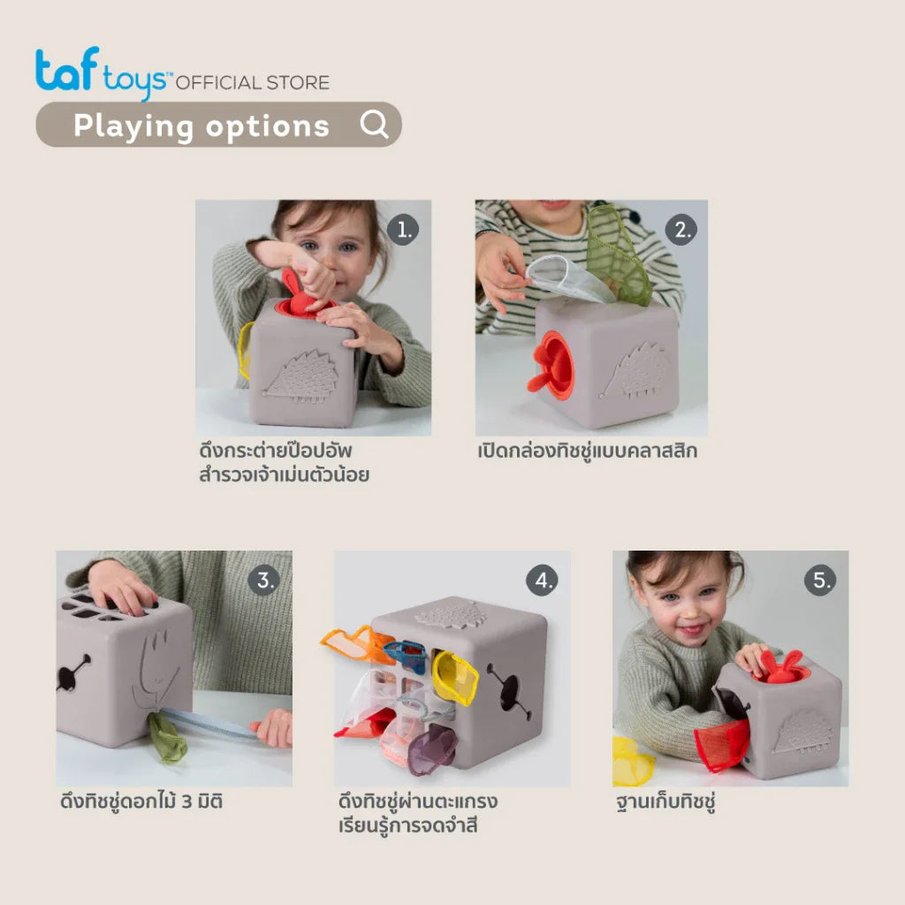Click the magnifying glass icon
tap(374, 124)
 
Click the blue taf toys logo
tap(102, 72)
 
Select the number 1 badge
tap(403, 230)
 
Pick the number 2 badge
tap(681, 230)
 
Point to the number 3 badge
tap(264, 580)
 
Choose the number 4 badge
tap(542, 580)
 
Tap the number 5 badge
tap(820, 580)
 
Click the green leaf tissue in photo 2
tap(618, 254)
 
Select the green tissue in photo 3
tap(167, 738)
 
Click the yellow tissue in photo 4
tap(455, 678)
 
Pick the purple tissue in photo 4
tap(431, 749)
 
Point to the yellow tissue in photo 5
tap(633, 761)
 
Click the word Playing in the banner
tap(133, 126)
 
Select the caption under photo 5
tap(666, 802)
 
